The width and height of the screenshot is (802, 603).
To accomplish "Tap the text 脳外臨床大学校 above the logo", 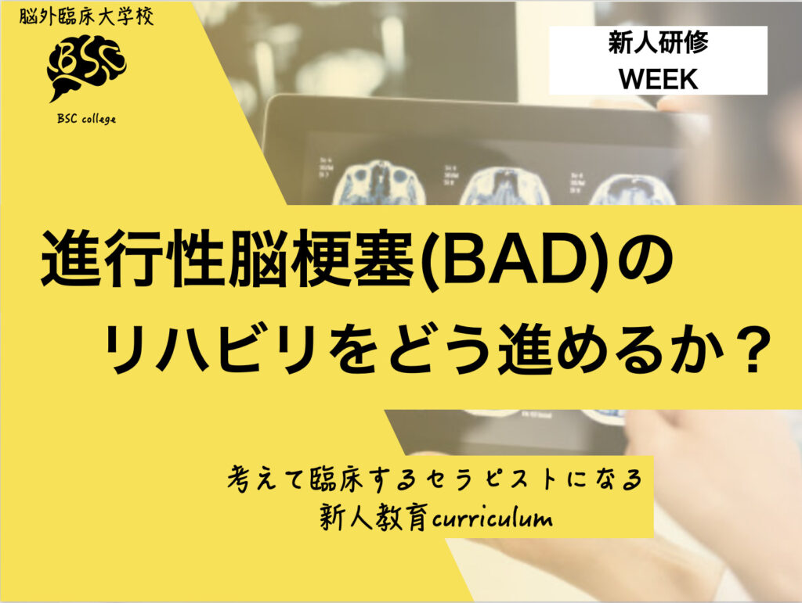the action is [87, 16].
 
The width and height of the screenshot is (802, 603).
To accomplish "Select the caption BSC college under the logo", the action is [86, 119].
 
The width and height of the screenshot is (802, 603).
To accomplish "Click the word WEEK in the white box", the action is [659, 79].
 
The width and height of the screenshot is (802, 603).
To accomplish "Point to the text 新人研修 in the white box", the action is [658, 43].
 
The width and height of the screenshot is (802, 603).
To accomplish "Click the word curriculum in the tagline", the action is [492, 519].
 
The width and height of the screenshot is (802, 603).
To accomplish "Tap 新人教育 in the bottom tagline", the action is [374, 519].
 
